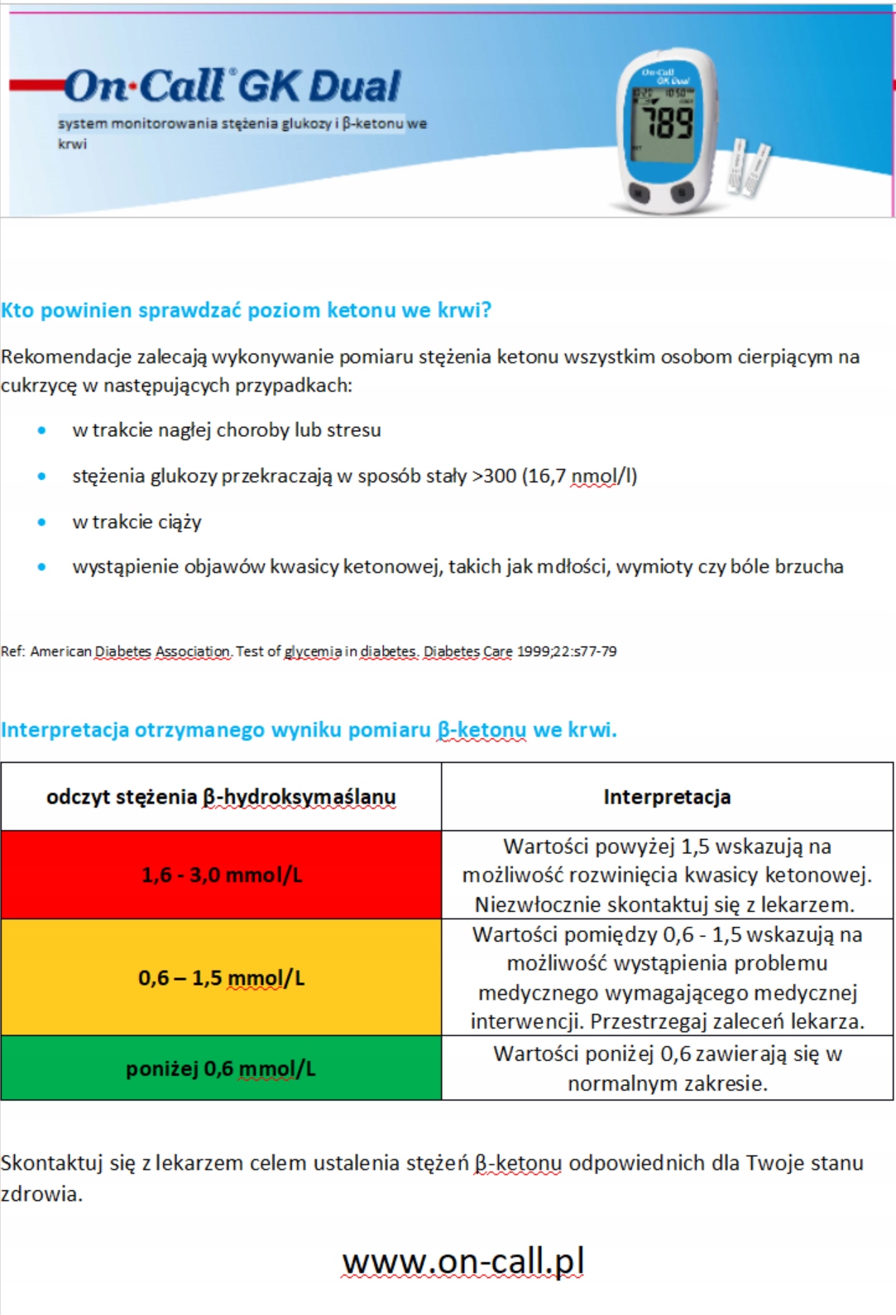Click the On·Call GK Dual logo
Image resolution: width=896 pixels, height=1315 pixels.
point(232,86)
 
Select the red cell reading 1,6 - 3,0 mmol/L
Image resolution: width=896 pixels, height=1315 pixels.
point(222,875)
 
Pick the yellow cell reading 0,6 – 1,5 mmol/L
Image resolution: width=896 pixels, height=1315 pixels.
point(222,977)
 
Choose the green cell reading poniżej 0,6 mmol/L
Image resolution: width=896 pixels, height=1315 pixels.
point(222,1068)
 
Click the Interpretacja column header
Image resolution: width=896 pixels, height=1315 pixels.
point(667,797)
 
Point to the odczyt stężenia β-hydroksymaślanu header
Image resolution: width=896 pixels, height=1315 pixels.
point(222,797)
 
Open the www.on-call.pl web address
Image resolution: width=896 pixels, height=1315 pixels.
point(463,1261)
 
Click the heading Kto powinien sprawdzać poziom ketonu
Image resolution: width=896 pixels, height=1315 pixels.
point(246,310)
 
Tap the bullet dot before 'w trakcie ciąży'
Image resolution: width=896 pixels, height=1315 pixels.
point(42,522)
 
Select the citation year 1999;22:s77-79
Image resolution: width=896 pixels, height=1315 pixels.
point(567,651)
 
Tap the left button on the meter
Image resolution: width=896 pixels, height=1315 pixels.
point(640,193)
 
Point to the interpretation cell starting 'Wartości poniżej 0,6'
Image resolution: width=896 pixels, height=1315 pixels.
point(667,1068)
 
